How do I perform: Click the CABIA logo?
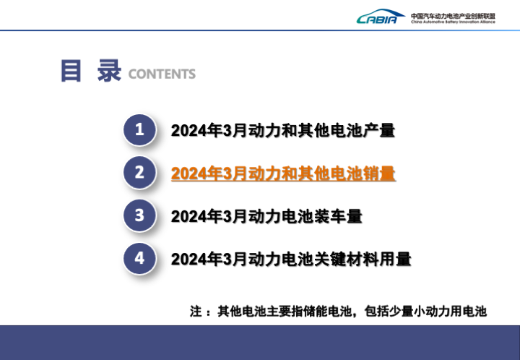(381, 17)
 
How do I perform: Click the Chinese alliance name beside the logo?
(453, 16)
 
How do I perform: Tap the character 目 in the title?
(71, 71)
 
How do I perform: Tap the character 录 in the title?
(109, 71)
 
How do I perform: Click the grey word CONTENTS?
(162, 74)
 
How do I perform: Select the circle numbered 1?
(139, 129)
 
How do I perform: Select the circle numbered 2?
(139, 173)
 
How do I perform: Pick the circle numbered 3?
(139, 215)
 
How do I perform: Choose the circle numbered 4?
(139, 258)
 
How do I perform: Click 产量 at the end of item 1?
(378, 130)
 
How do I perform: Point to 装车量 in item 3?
(338, 216)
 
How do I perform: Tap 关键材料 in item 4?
(346, 259)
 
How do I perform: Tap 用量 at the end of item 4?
(395, 259)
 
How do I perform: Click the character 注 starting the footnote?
(196, 312)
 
